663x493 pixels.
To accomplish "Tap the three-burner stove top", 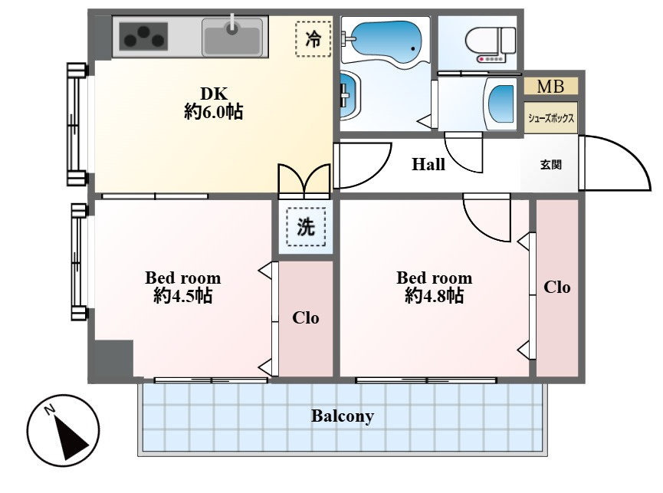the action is [x=144, y=37].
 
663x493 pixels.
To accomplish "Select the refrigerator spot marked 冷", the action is [x=313, y=39].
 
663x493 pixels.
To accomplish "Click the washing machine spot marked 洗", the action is [x=306, y=227].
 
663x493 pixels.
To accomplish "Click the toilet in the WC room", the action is [x=491, y=44].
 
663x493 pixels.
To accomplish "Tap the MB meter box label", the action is [x=550, y=86].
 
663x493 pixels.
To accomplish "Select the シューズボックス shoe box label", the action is [x=551, y=118].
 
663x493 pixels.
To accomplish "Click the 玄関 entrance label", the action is [x=551, y=165].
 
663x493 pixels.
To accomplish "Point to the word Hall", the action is [x=428, y=164].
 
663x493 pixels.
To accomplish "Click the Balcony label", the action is [x=343, y=416].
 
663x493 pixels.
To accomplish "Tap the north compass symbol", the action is [x=64, y=430].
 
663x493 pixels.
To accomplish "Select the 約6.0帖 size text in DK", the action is [x=214, y=112].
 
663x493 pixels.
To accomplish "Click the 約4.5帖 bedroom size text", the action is [x=182, y=295].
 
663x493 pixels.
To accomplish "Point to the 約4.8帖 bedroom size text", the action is [x=435, y=295].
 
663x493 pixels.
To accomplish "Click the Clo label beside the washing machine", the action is [x=305, y=317].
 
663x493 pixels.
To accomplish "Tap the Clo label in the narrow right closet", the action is [x=557, y=287].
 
